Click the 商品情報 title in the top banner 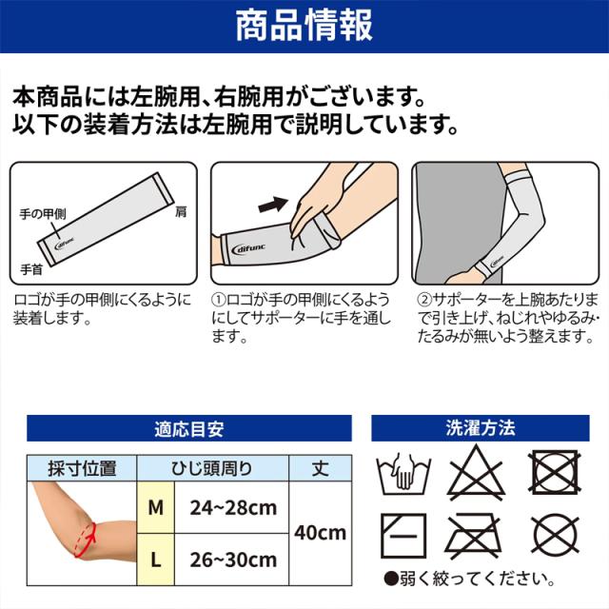click(x=304, y=26)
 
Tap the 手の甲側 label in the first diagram click(x=43, y=213)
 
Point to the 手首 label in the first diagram click(x=31, y=269)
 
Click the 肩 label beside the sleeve click(x=181, y=211)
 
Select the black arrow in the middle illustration click(x=273, y=205)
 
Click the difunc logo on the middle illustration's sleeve click(x=248, y=248)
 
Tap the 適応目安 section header click(x=189, y=429)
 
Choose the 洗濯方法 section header click(x=481, y=428)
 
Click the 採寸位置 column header click(x=82, y=468)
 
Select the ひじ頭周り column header click(x=212, y=468)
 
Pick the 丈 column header click(x=321, y=468)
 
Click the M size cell click(x=156, y=507)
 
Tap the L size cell click(x=156, y=560)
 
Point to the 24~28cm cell click(x=232, y=507)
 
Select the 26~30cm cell click(x=232, y=560)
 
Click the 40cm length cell click(x=321, y=533)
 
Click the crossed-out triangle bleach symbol click(x=476, y=474)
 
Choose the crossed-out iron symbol click(x=473, y=536)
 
